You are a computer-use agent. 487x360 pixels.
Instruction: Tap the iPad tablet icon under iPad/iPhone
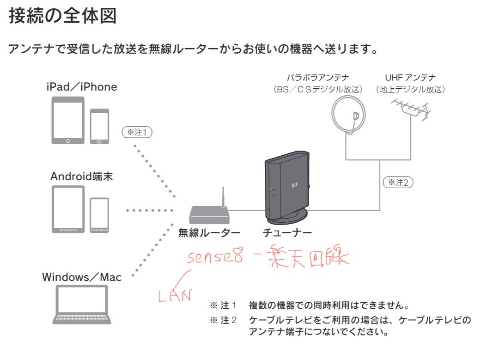[x=68, y=120]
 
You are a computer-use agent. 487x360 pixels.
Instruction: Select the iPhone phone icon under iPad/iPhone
[x=99, y=125]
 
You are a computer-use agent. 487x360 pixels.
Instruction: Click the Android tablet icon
[x=68, y=209]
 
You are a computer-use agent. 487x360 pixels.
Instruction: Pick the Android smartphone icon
[x=99, y=214]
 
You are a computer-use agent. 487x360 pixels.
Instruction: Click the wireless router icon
[x=209, y=213]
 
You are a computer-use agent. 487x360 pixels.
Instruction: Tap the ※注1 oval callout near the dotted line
[x=137, y=132]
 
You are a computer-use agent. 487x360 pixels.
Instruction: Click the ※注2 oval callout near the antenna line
[x=398, y=182]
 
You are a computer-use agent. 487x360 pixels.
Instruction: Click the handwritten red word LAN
[x=174, y=294]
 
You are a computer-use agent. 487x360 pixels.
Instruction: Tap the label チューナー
[x=287, y=232]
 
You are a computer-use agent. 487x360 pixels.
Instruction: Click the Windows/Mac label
[x=82, y=277]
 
